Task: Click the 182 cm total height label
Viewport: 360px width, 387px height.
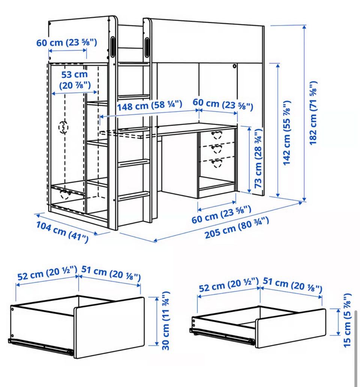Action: (313, 113)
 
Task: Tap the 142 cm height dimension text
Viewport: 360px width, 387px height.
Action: (286, 133)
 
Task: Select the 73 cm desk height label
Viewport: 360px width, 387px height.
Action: (258, 158)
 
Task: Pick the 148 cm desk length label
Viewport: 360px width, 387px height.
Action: (150, 106)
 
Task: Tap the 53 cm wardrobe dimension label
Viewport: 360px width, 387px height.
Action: (75, 80)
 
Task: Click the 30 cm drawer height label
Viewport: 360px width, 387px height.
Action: (166, 321)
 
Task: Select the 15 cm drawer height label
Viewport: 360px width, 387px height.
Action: (347, 320)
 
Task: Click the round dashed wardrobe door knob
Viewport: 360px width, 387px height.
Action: (63, 127)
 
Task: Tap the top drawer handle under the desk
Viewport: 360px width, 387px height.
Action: (217, 135)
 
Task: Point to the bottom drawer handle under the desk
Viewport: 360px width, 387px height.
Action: (217, 163)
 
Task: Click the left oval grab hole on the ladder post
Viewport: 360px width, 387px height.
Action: (112, 47)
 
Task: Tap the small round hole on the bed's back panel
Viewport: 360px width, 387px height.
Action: (234, 66)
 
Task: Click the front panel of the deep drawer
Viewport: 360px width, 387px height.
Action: (109, 327)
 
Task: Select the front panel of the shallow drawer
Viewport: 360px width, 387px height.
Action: (290, 328)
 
